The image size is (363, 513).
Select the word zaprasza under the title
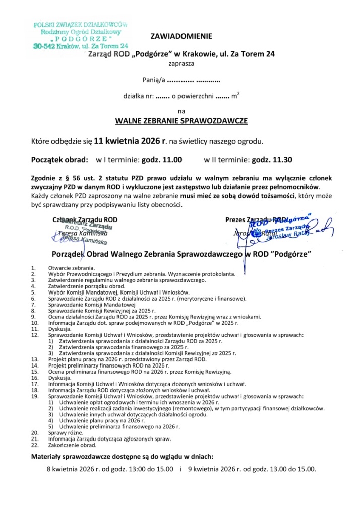pyautogui.click(x=181, y=64)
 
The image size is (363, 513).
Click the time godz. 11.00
pyautogui.click(x=161, y=160)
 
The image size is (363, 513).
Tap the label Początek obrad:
pyautogui.click(x=60, y=160)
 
